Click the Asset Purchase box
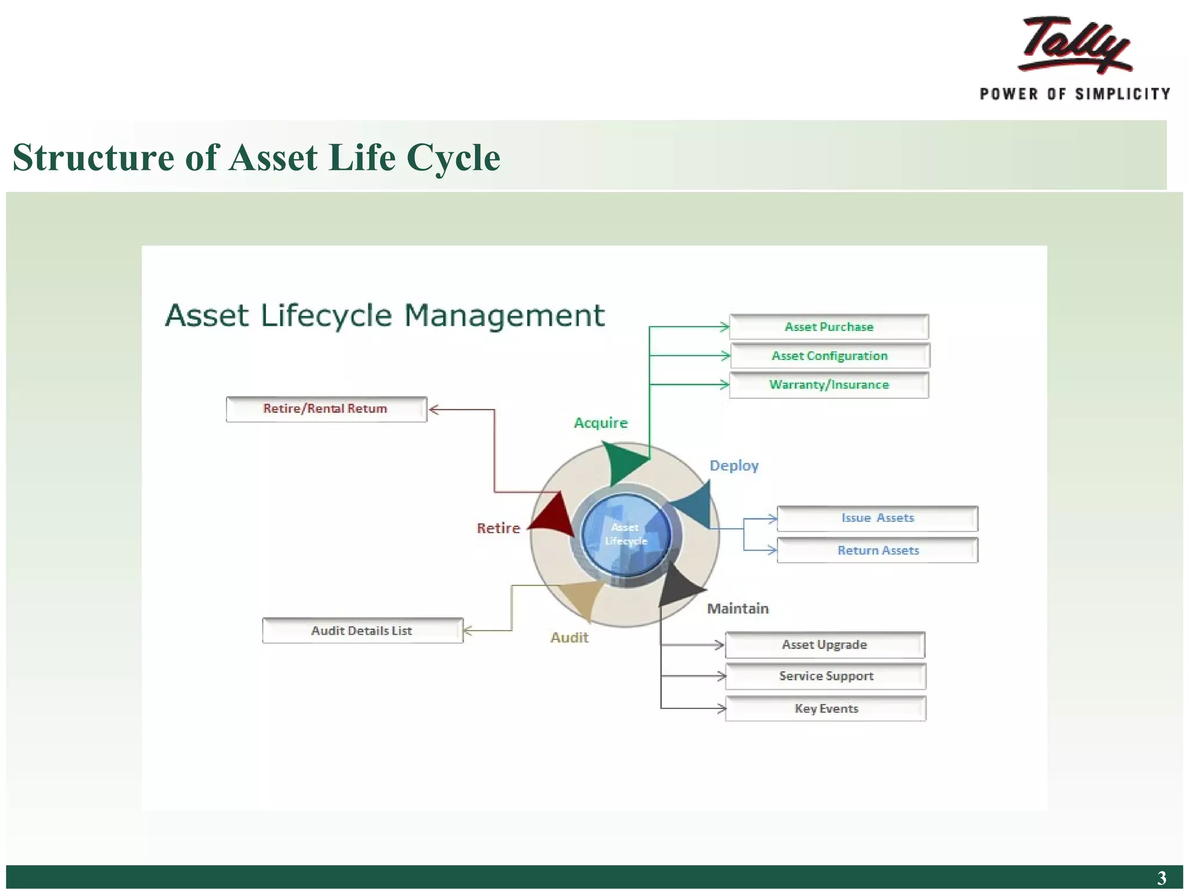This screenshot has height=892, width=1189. pos(828,327)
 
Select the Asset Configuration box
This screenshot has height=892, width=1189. pos(830,356)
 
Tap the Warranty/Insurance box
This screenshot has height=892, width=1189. pos(828,385)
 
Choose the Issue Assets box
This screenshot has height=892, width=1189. pos(877,518)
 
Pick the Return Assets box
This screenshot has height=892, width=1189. pos(877,551)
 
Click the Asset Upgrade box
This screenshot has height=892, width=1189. pos(824,645)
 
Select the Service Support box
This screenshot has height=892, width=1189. pos(826,677)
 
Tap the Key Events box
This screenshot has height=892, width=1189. pos(826,708)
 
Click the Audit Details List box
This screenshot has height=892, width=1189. pos(362,631)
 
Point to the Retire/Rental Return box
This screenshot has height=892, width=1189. pos(326,409)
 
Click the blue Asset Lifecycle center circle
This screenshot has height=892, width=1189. pos(626,534)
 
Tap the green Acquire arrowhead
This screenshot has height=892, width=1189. pos(621,462)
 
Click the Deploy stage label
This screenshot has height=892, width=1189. pos(734,466)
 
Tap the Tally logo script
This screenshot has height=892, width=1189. pos(1075,45)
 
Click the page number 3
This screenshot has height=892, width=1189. pos(1161,877)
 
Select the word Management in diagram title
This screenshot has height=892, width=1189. pos(504,316)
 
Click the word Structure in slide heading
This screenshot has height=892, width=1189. pos(93,157)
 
